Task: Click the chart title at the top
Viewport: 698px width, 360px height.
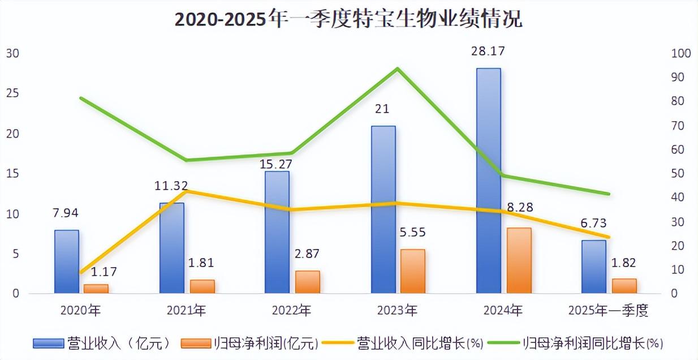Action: [x=348, y=19]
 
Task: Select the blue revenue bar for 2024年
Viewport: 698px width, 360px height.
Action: [x=488, y=181]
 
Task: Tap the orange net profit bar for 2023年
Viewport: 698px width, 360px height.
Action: [x=412, y=271]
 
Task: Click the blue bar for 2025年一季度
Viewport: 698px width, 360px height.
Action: [x=594, y=267]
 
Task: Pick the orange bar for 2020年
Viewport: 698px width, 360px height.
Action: [x=96, y=289]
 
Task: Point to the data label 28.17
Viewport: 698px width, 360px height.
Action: [x=488, y=52]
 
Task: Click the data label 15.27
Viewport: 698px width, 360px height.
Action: [x=277, y=164]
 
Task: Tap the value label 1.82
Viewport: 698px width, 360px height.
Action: [x=623, y=262]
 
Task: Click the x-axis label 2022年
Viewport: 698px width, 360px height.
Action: [x=292, y=311]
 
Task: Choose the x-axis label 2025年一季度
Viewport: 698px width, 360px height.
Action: [x=608, y=311]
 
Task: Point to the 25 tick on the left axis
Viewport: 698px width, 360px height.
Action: [x=12, y=93]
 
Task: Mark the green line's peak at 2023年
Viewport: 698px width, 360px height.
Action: [x=398, y=68]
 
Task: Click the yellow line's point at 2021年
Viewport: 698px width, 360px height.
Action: [x=187, y=191]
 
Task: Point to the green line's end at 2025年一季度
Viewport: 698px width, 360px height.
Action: [x=609, y=194]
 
